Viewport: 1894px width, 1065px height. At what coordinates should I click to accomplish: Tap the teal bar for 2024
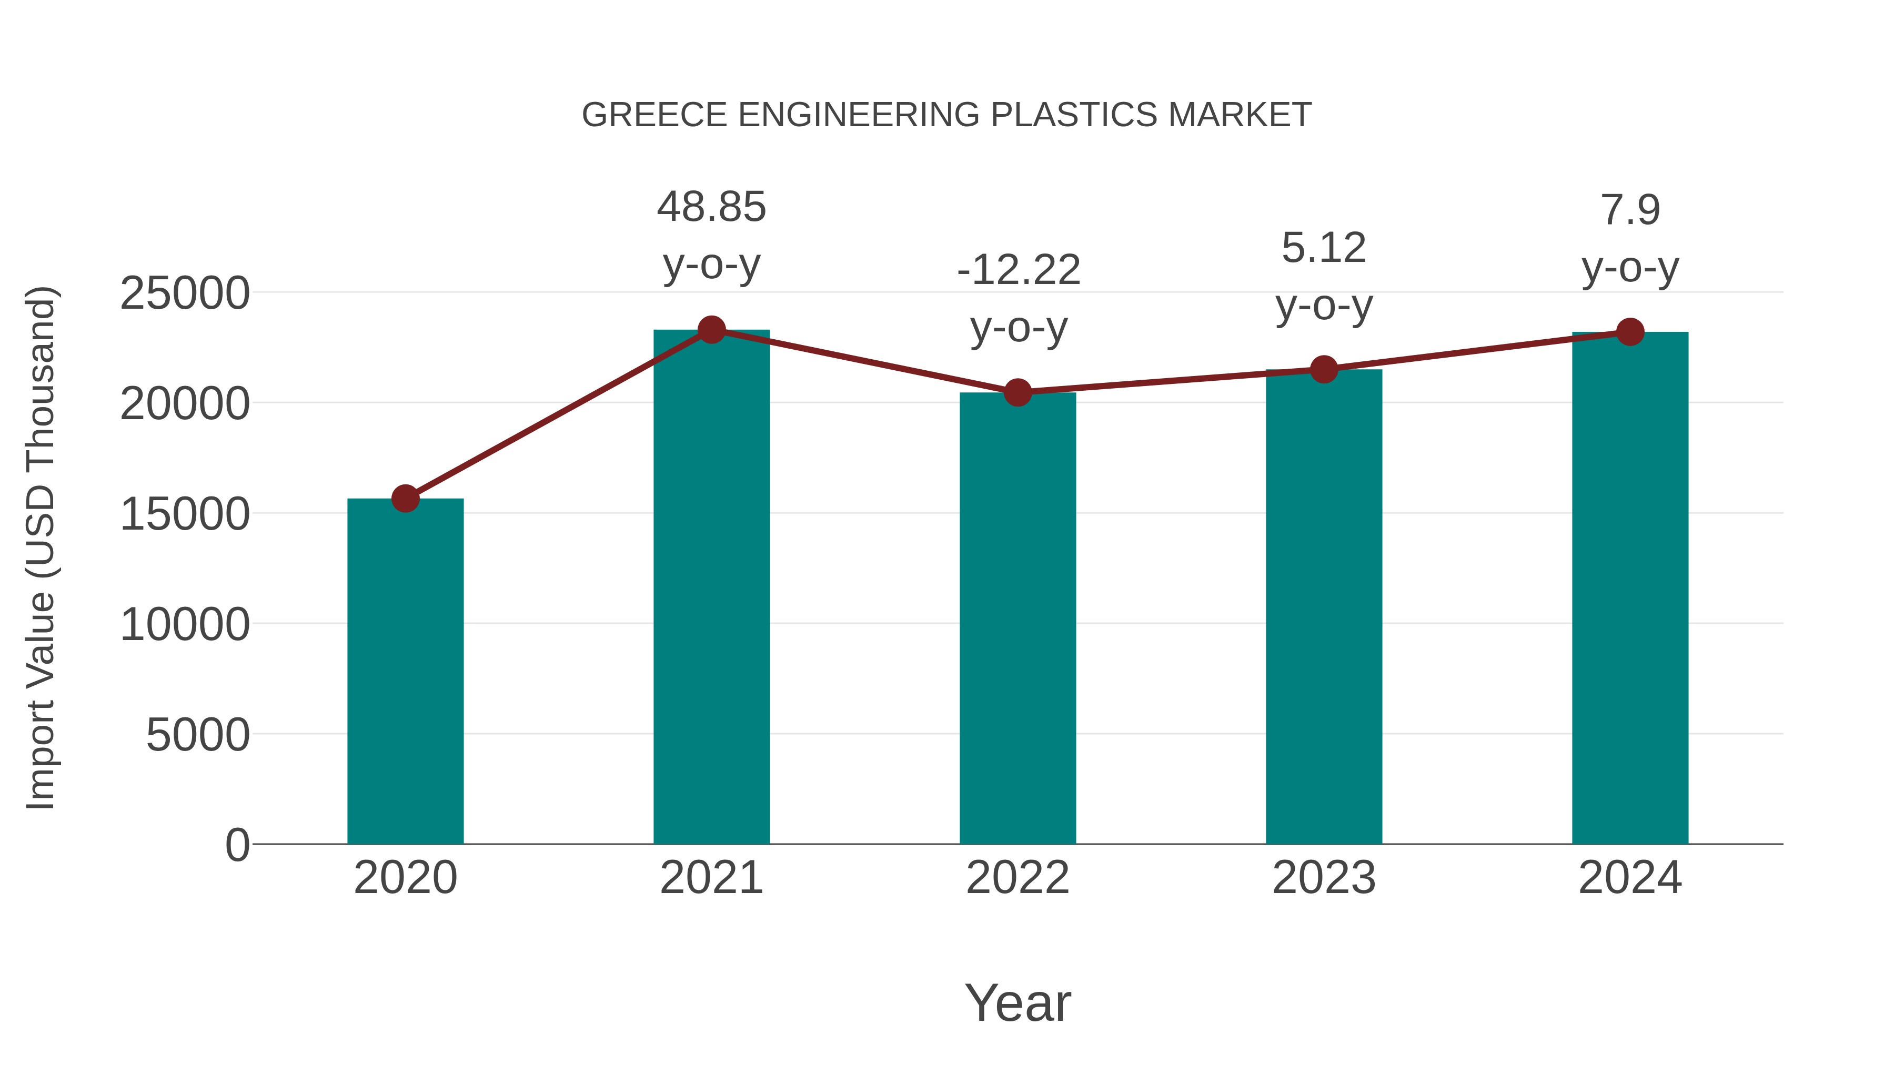(x=1630, y=587)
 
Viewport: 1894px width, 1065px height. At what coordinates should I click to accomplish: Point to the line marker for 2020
(x=405, y=499)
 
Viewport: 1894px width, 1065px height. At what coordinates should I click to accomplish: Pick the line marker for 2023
(x=1324, y=369)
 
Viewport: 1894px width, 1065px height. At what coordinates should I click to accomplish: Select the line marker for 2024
(x=1630, y=332)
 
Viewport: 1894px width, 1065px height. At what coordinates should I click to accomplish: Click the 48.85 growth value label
(x=711, y=207)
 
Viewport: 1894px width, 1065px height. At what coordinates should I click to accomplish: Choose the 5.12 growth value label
(x=1324, y=248)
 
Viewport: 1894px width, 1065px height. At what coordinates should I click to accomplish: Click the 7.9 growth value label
(x=1630, y=210)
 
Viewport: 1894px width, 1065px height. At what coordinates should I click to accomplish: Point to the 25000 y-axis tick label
(x=185, y=293)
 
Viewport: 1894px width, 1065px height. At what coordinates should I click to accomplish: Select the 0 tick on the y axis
(x=237, y=845)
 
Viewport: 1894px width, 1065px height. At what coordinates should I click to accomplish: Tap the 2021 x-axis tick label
(x=711, y=878)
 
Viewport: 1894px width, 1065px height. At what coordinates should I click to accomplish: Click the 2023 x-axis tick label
(x=1324, y=878)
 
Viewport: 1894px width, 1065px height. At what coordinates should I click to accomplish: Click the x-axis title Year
(x=1017, y=1002)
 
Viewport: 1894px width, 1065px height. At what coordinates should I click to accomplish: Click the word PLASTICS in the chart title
(x=1074, y=115)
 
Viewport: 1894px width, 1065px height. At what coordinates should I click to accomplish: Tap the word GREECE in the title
(x=654, y=115)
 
